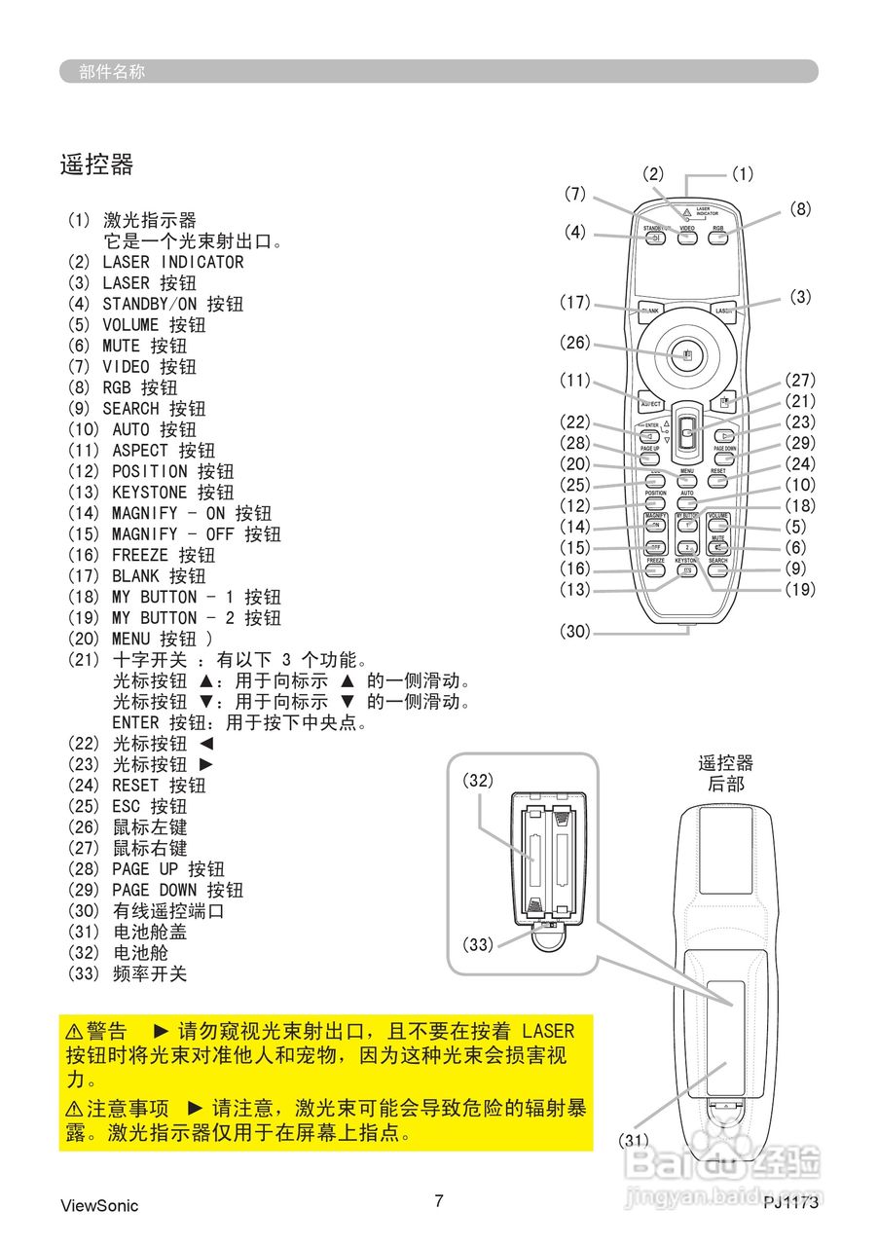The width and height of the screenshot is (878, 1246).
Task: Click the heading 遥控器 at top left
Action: point(96,165)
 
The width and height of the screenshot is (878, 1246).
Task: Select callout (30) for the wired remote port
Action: point(575,631)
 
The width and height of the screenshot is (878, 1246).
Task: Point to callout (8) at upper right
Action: point(800,208)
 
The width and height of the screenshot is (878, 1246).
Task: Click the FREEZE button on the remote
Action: point(656,570)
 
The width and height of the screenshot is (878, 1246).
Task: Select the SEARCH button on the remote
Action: point(718,570)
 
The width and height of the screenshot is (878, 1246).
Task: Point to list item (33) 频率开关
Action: point(127,973)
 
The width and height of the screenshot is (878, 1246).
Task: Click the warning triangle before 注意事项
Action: point(74,1110)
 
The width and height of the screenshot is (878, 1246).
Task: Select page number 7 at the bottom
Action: point(439,1201)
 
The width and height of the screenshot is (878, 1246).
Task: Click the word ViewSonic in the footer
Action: point(99,1206)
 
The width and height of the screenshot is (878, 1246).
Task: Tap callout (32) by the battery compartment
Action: point(478,780)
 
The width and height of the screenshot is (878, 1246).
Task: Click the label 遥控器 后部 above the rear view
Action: point(725,773)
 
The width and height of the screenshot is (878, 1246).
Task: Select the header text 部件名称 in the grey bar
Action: point(112,71)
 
